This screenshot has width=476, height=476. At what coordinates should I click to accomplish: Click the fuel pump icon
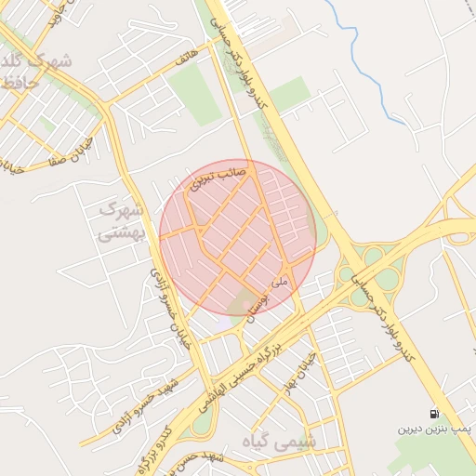coord(434,414)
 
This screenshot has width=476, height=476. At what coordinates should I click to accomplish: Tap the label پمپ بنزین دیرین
coord(436,430)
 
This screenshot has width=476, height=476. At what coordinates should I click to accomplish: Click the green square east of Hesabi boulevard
coord(291,92)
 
